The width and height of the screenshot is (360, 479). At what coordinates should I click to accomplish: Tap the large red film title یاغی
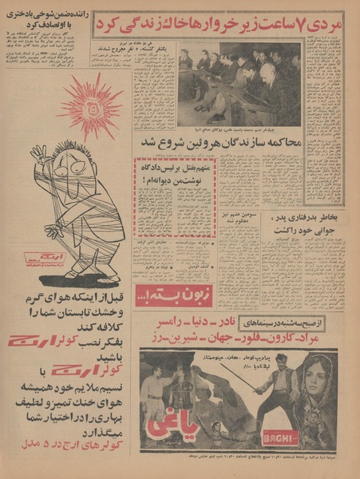pyautogui.click(x=170, y=432)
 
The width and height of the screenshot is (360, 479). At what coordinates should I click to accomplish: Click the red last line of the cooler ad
pyautogui.click(x=60, y=461)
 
